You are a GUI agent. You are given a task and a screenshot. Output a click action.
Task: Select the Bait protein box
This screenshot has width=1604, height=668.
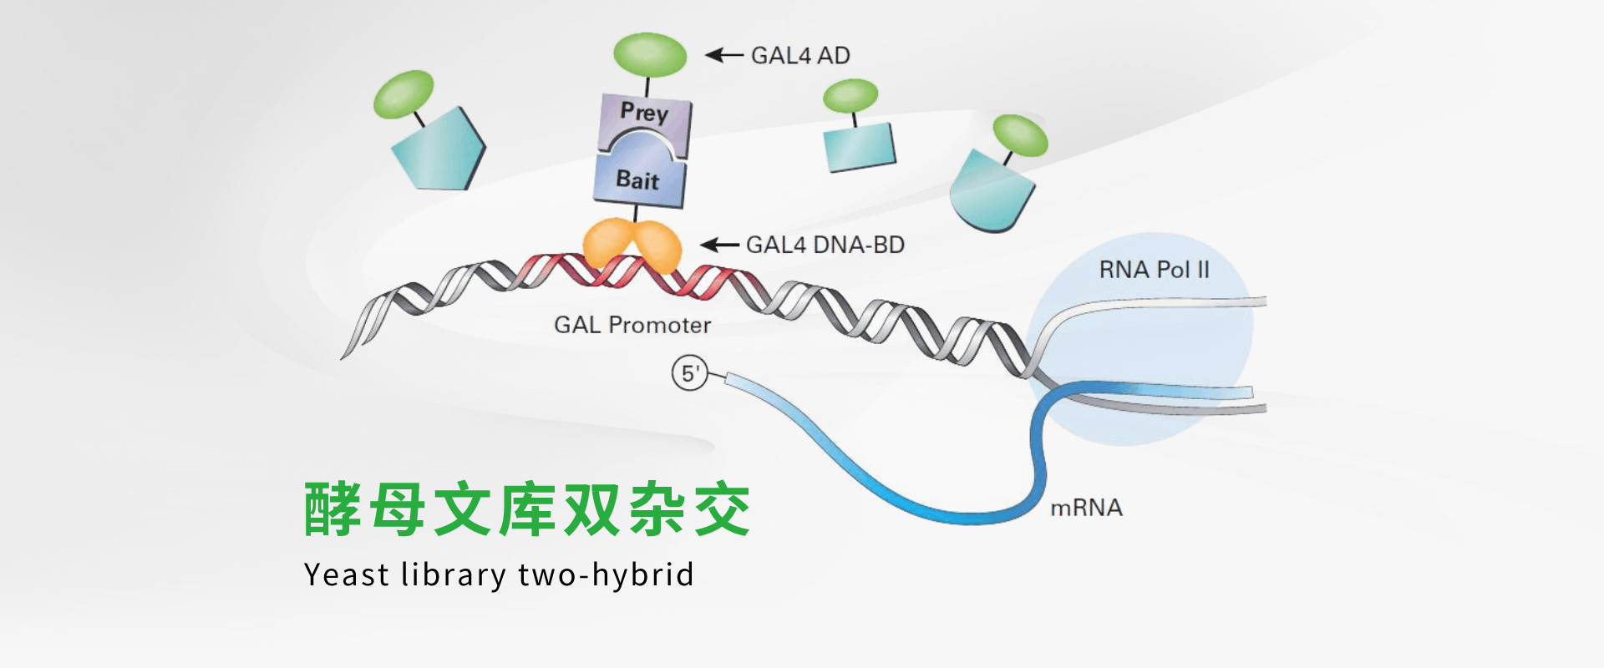coord(639,180)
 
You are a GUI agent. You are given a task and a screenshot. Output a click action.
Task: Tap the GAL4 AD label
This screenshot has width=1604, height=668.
coord(800,56)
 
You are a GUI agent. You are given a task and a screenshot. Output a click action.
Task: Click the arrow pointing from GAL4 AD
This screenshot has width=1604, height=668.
coord(723,55)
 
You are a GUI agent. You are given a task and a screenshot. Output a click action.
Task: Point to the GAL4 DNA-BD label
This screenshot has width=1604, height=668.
coord(825,245)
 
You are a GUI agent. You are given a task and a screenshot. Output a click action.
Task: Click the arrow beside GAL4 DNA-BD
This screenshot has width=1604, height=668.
coord(718,245)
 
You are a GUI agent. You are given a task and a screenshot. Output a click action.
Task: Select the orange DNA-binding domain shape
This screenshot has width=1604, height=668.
coord(632,245)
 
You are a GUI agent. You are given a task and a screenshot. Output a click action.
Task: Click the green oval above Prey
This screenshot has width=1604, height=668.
coord(650,55)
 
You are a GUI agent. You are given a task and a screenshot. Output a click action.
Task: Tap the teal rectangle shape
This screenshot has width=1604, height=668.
coord(860,148)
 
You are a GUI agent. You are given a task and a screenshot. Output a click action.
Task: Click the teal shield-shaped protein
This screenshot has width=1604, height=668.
coord(992,192)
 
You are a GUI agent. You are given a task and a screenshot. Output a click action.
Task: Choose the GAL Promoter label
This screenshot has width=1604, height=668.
coord(632,325)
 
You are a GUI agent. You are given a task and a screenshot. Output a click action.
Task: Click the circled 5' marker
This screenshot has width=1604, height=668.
coord(690,373)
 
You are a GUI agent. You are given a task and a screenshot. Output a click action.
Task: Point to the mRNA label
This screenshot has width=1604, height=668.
coord(1086,508)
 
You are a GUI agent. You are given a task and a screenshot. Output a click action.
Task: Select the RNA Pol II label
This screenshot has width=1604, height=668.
coord(1154,270)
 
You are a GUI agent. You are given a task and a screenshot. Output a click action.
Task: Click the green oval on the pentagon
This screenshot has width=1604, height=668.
coord(404,94)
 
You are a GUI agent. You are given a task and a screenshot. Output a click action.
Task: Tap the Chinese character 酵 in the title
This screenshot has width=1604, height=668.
coord(332,509)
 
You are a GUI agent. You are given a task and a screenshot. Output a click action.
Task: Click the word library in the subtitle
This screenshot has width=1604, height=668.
coord(454,575)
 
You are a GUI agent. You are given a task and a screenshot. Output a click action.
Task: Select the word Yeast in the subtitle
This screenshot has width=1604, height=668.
coord(346,575)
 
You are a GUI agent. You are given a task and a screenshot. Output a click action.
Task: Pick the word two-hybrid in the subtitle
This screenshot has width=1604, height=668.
coord(606,575)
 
